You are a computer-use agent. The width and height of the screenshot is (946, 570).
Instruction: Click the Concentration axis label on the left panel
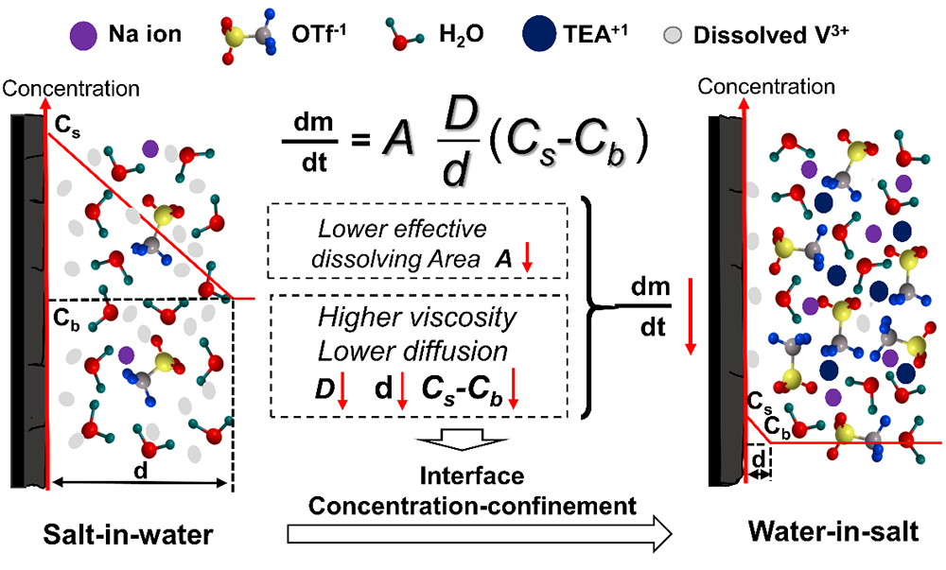click(x=73, y=89)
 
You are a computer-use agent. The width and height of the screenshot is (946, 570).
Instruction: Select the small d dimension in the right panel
click(x=759, y=460)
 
